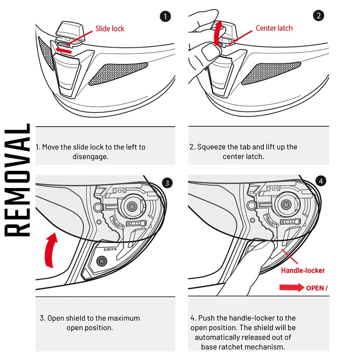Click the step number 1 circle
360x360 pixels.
click(166, 17)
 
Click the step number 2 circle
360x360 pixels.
click(318, 17)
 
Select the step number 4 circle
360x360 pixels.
click(321, 181)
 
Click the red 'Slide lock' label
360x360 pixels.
click(110, 29)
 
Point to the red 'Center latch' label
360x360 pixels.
click(274, 28)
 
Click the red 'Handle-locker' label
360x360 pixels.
click(303, 270)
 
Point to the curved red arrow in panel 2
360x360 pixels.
click(218, 34)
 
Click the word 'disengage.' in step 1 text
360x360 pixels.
click(91, 156)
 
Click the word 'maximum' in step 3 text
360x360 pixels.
click(124, 318)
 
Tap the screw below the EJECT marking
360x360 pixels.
click(102, 260)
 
